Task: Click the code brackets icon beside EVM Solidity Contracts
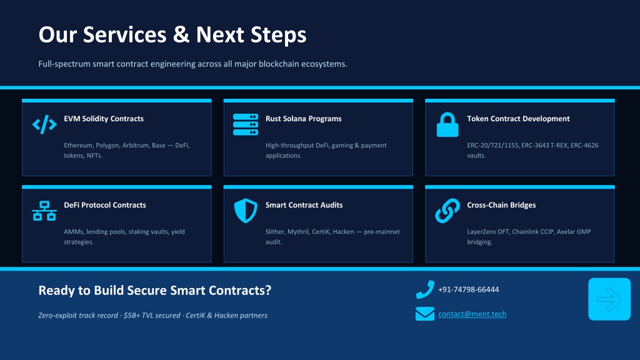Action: pos(44,124)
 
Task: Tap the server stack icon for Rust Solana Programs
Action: pos(245,124)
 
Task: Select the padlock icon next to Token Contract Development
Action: pos(447,124)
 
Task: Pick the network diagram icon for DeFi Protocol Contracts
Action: pos(44,211)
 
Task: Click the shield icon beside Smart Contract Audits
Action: pos(245,211)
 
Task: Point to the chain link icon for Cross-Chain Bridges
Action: pos(447,211)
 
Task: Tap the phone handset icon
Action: pos(425,289)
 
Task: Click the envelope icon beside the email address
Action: pos(425,314)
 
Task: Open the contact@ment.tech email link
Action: pos(472,314)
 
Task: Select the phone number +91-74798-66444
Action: pos(469,289)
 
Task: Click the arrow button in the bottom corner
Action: pos(609,299)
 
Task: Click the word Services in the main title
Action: pos(124,34)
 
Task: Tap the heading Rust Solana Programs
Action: pos(303,119)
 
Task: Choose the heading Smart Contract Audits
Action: pos(304,205)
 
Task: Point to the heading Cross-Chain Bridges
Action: pos(501,205)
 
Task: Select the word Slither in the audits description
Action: pos(275,232)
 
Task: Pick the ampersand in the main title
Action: pos(181,34)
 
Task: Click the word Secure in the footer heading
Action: pos(147,290)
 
